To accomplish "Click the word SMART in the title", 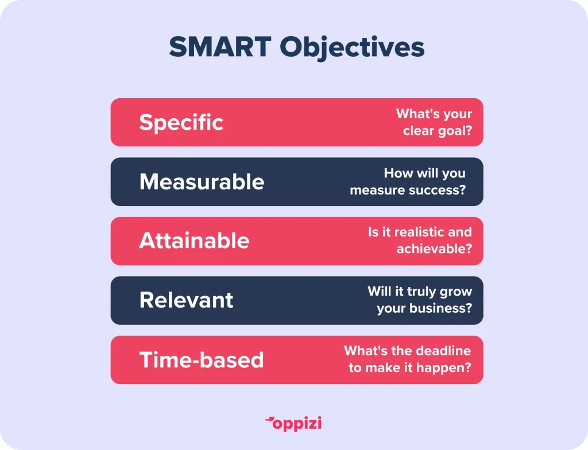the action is point(220,47).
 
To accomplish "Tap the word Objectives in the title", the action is point(352,48).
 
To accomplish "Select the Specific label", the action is point(181,123).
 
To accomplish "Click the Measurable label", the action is point(202,182).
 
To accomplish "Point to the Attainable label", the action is point(194,240).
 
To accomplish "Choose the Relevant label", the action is point(186,300).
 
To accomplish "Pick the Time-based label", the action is point(202,360).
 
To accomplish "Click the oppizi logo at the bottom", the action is point(293,424).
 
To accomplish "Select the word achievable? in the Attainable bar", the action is point(434,249).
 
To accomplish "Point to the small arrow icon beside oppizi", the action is point(269,420).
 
